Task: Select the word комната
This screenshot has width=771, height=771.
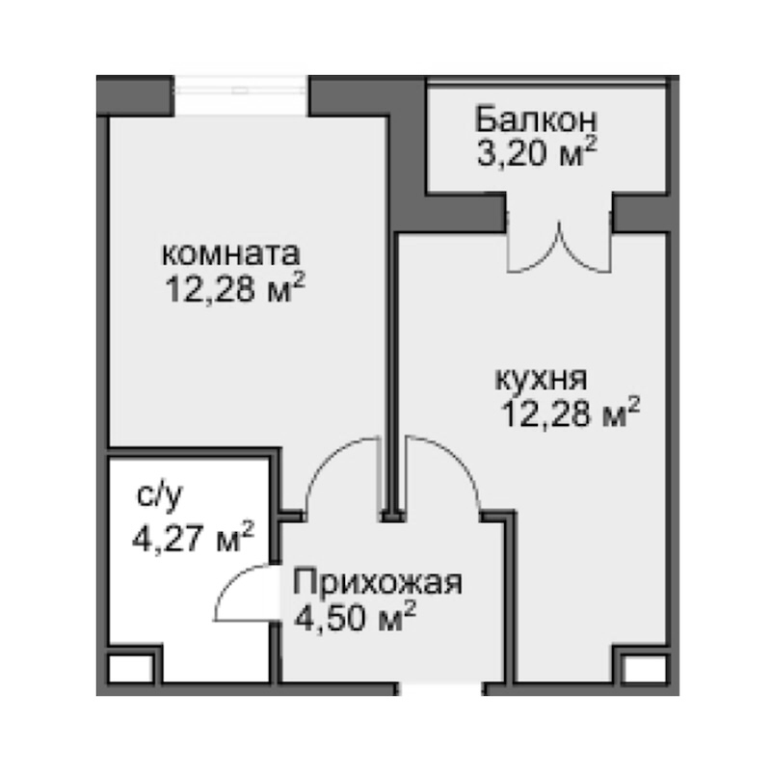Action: (230, 255)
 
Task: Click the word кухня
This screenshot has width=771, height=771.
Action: (540, 378)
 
